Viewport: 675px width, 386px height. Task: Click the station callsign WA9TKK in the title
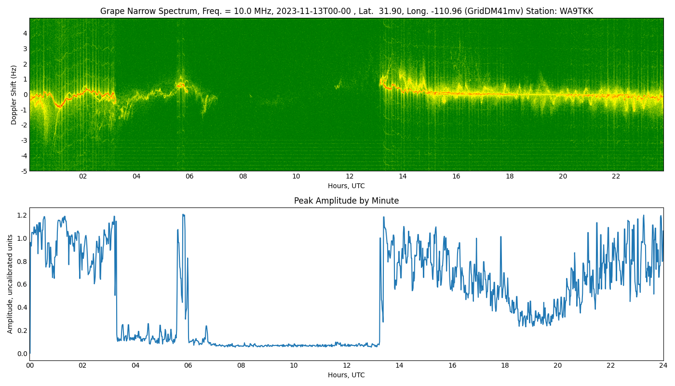(x=576, y=11)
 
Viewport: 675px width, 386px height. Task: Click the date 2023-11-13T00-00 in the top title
(x=313, y=11)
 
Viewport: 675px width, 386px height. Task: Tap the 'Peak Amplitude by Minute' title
(x=346, y=201)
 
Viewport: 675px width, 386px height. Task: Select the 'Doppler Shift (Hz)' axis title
(x=13, y=95)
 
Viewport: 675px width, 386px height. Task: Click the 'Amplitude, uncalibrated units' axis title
(x=10, y=284)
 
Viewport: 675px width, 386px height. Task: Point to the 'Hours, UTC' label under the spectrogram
(x=346, y=186)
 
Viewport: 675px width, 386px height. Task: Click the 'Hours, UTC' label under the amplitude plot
(x=346, y=375)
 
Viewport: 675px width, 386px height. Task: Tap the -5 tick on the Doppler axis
(x=24, y=171)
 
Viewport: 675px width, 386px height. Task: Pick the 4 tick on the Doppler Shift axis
(x=25, y=33)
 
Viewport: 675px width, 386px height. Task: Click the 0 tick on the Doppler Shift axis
(x=25, y=95)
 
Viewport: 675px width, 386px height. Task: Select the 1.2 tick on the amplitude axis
(x=22, y=215)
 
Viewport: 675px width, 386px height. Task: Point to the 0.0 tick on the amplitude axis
(x=22, y=353)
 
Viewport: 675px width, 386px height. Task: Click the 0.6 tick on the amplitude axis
(x=22, y=284)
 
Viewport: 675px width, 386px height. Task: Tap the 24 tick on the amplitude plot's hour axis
(x=663, y=366)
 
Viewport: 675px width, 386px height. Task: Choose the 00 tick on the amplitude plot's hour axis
(x=30, y=366)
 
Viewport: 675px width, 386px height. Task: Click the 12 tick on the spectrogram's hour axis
(x=350, y=177)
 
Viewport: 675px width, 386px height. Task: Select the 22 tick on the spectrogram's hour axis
(x=616, y=177)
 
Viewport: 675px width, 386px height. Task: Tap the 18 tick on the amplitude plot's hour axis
(x=505, y=366)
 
